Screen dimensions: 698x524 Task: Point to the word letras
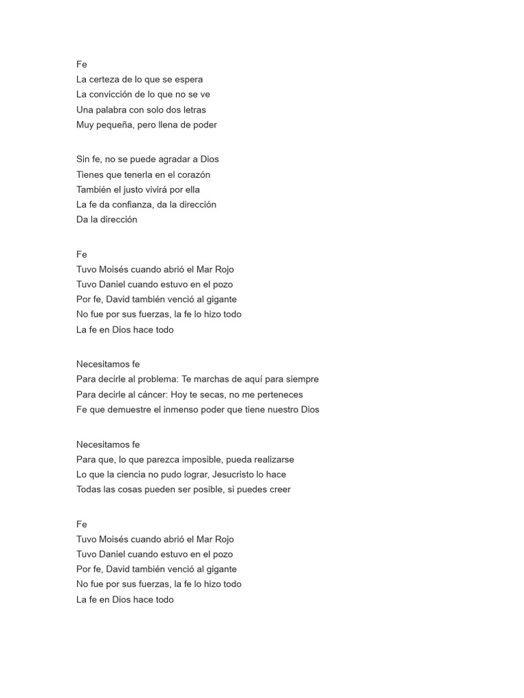coord(192,110)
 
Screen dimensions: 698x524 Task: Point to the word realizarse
coord(270,459)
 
